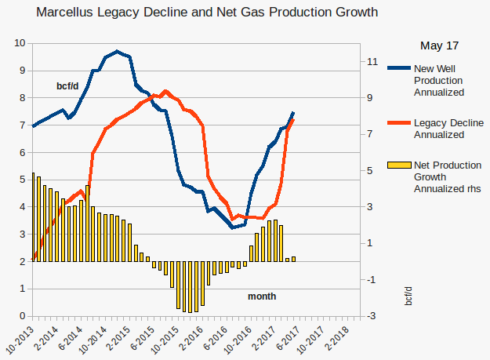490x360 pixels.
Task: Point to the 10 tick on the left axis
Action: coord(20,43)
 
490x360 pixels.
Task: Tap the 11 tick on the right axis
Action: coord(373,61)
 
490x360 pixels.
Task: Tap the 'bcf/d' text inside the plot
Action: coord(67,85)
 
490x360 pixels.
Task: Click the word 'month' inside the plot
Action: coord(262,296)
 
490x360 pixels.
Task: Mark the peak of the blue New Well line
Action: coord(117,52)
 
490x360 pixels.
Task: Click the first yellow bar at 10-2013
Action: coord(33,216)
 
